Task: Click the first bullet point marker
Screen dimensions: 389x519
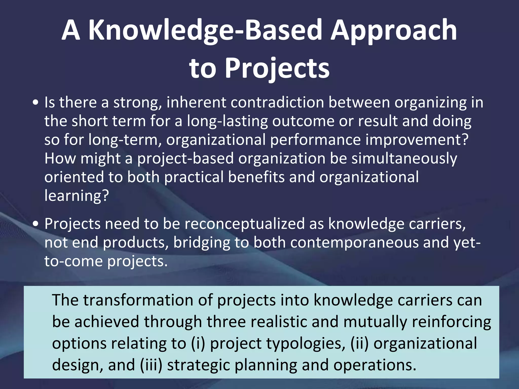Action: click(36, 103)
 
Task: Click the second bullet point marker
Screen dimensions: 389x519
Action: click(36, 224)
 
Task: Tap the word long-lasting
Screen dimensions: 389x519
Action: click(227, 121)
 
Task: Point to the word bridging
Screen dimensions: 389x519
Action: click(201, 242)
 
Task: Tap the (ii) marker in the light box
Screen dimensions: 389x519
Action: click(359, 344)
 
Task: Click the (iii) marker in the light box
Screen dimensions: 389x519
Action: click(151, 365)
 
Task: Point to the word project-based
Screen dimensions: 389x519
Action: click(185, 158)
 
